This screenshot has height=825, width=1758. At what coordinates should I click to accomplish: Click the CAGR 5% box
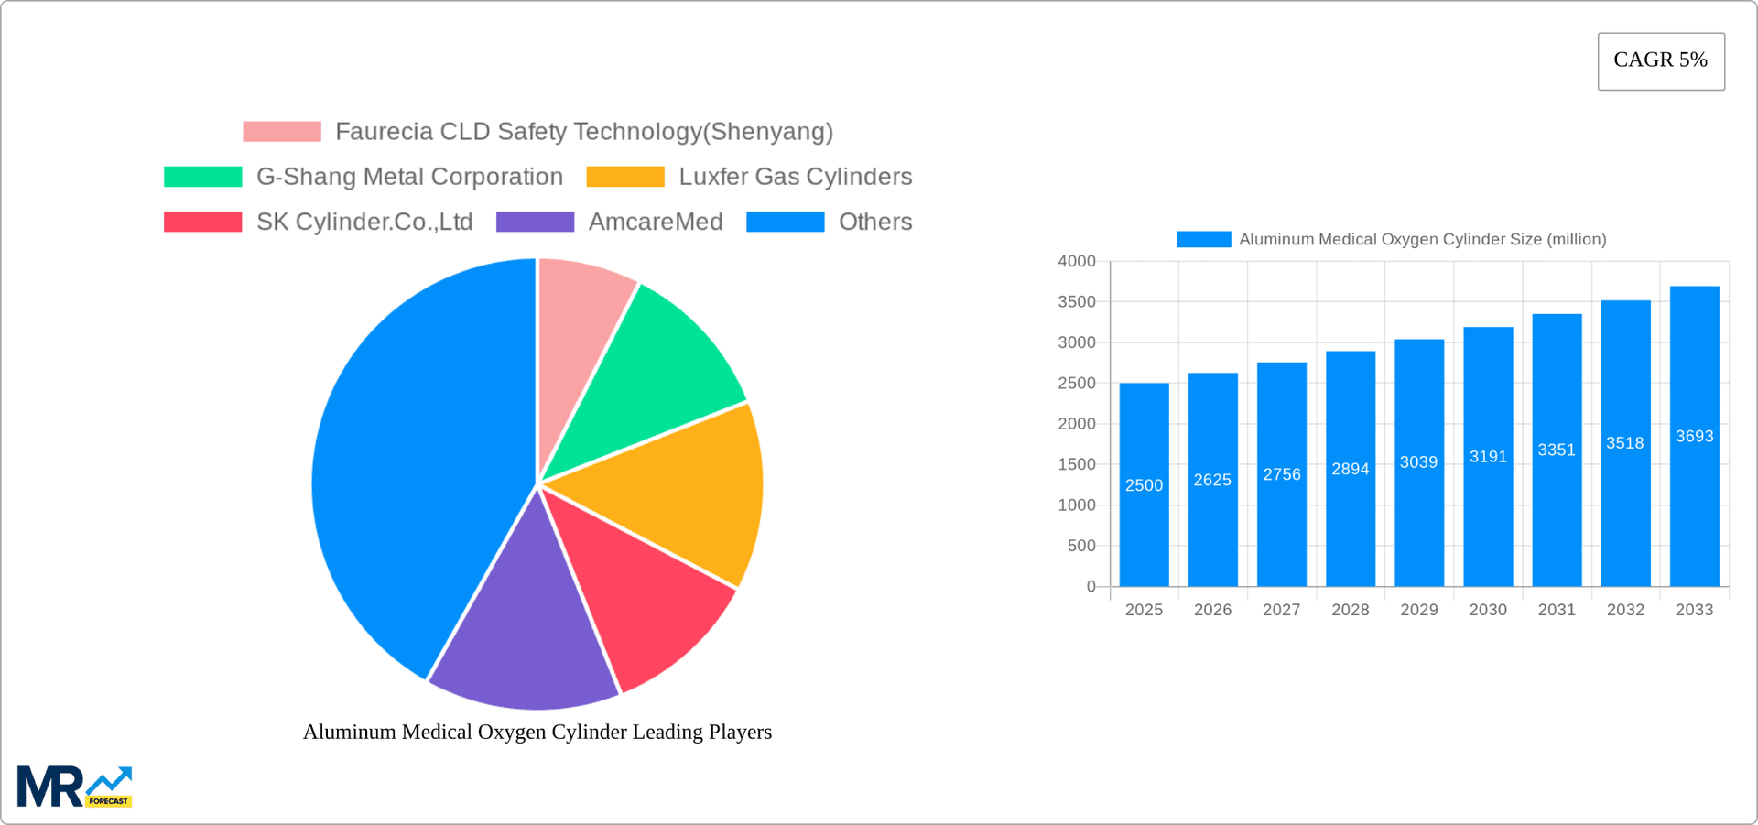click(1661, 61)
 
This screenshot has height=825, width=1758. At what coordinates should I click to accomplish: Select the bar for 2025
click(1144, 484)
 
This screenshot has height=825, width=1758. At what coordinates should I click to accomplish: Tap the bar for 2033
click(1694, 436)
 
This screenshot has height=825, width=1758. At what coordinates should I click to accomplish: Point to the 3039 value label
click(1418, 462)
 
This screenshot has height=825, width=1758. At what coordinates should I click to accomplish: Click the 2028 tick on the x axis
click(1350, 610)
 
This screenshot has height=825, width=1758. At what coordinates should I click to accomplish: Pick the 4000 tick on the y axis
click(1077, 262)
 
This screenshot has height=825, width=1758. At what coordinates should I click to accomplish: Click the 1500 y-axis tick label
click(1077, 464)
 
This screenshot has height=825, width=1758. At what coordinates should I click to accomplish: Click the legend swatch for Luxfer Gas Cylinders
click(625, 177)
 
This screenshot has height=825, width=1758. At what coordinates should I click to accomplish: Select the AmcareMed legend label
click(656, 222)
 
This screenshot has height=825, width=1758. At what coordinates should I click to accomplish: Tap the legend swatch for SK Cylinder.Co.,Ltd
click(202, 222)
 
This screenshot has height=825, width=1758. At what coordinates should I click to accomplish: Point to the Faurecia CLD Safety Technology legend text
click(584, 132)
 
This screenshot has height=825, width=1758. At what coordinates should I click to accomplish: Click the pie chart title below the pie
click(537, 732)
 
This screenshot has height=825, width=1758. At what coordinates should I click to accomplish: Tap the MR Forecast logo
click(74, 787)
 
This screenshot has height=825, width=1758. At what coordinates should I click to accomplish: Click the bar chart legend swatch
click(1203, 239)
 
